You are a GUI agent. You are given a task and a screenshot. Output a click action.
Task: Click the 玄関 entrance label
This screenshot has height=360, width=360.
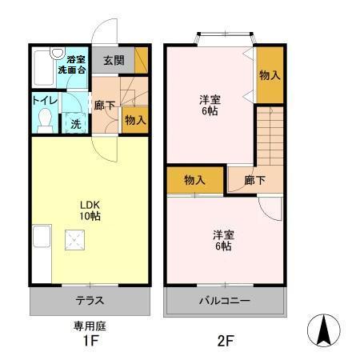click(x=113, y=60)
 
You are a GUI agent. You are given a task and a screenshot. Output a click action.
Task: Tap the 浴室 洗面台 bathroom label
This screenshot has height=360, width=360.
click(x=75, y=65)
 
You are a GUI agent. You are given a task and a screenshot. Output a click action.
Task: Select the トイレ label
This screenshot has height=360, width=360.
click(x=44, y=100)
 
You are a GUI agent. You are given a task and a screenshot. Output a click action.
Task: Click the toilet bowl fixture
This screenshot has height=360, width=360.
click(x=46, y=120)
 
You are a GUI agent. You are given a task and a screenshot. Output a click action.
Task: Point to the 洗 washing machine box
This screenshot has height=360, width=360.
click(x=74, y=124)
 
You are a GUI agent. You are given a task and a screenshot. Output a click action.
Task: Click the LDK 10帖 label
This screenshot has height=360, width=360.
click(x=90, y=209)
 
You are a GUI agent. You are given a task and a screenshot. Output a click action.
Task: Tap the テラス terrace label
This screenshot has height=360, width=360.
click(x=90, y=302)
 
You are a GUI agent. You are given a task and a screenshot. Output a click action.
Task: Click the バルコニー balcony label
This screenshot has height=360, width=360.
click(x=225, y=302)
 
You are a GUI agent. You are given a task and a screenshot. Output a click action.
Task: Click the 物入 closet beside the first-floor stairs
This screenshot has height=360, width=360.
click(x=134, y=120)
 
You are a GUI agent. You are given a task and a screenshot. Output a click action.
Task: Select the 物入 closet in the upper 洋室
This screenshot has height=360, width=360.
click(x=269, y=75)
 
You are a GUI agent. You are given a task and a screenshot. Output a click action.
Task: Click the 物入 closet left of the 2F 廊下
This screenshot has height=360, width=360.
click(x=194, y=180)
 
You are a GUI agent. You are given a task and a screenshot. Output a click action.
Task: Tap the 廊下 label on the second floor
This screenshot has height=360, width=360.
click(x=255, y=180)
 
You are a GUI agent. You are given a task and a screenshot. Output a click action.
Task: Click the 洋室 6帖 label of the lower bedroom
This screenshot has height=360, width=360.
click(x=223, y=240)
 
